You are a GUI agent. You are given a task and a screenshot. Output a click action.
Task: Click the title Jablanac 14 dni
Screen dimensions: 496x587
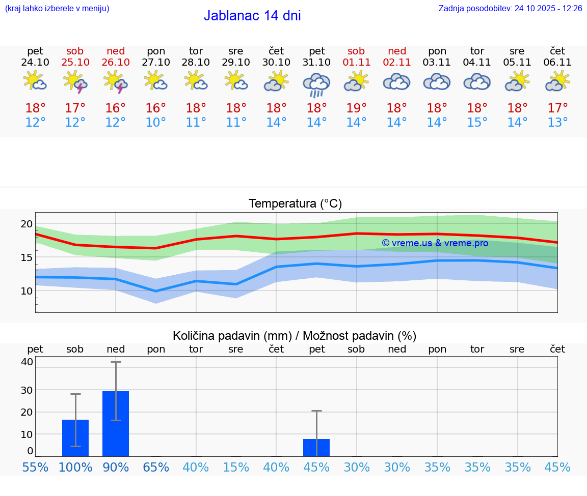pos(252,16)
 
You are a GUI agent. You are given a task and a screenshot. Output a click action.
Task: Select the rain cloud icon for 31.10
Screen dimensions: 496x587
pos(316,83)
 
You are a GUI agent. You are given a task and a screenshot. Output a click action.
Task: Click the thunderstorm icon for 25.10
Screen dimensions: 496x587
pos(75,81)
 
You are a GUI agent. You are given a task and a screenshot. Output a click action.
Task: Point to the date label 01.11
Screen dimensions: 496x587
pos(356,62)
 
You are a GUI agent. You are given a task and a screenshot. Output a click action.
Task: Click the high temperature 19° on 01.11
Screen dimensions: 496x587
pos(356,108)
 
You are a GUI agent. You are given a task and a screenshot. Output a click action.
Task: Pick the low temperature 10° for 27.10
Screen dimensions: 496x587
pos(155,122)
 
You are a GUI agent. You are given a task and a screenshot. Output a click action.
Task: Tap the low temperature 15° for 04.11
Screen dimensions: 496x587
pos(477,122)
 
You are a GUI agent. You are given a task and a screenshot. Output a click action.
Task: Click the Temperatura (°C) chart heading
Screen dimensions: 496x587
pos(295,203)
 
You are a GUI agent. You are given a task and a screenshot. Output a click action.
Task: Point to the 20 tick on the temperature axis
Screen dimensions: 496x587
pos(26,223)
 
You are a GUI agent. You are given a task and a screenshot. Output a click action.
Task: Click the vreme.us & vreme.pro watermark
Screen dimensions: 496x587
pos(435,243)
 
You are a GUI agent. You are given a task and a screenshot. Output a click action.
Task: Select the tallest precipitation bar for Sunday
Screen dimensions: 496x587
pos(116,423)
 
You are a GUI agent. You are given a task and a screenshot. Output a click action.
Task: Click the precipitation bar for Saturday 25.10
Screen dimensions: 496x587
pos(75,437)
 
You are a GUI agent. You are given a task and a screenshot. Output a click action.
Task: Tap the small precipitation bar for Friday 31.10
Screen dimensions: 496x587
pos(316,447)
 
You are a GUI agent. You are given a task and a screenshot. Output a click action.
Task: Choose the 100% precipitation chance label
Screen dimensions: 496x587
pos(75,467)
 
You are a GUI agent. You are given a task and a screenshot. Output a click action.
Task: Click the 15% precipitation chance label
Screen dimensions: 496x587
pos(236,467)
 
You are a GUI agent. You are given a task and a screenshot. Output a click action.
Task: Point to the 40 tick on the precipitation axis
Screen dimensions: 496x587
pos(27,362)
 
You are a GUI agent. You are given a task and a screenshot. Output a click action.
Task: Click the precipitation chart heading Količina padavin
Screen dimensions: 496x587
pos(295,336)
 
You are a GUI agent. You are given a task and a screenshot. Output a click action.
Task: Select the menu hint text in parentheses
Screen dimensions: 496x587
pos(57,8)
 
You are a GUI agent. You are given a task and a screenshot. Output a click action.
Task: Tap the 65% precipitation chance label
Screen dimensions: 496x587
pos(156,467)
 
